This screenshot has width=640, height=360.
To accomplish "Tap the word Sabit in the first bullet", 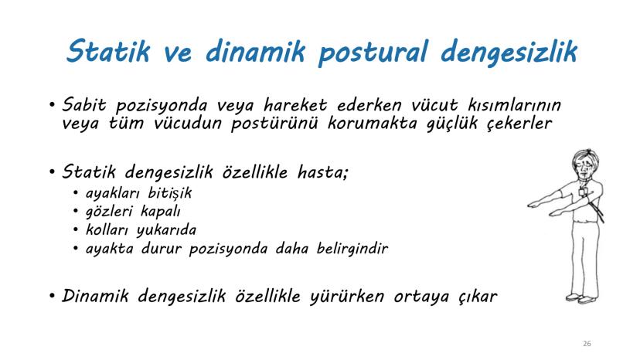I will tap(85, 105).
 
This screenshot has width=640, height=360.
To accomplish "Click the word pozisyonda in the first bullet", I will tap(163, 105).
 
